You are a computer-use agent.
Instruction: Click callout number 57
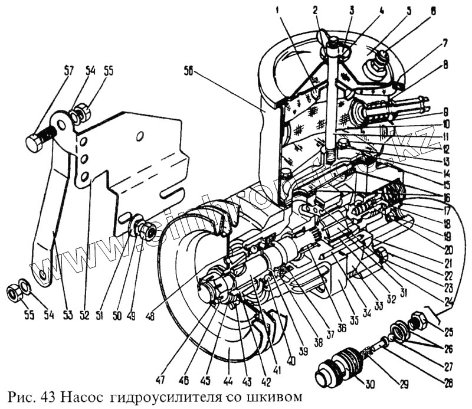coord(69,71)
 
